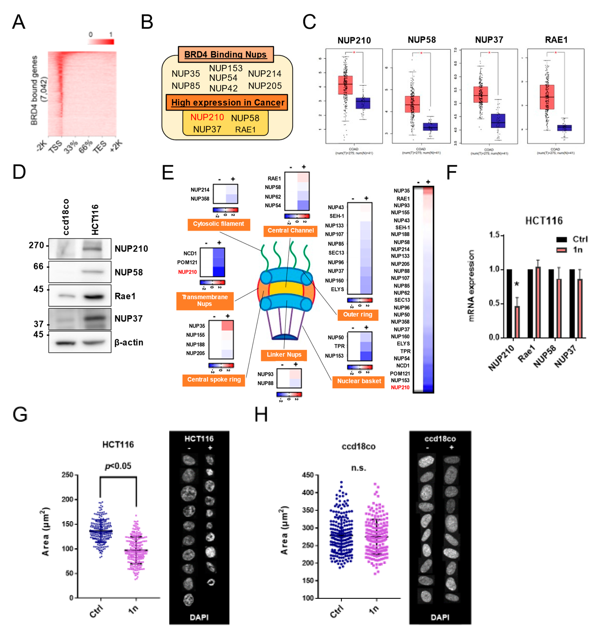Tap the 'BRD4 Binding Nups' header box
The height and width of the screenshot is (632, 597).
pos(225,54)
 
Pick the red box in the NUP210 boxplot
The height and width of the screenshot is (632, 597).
pos(345,85)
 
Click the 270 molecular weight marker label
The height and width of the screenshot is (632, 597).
pos(36,245)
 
